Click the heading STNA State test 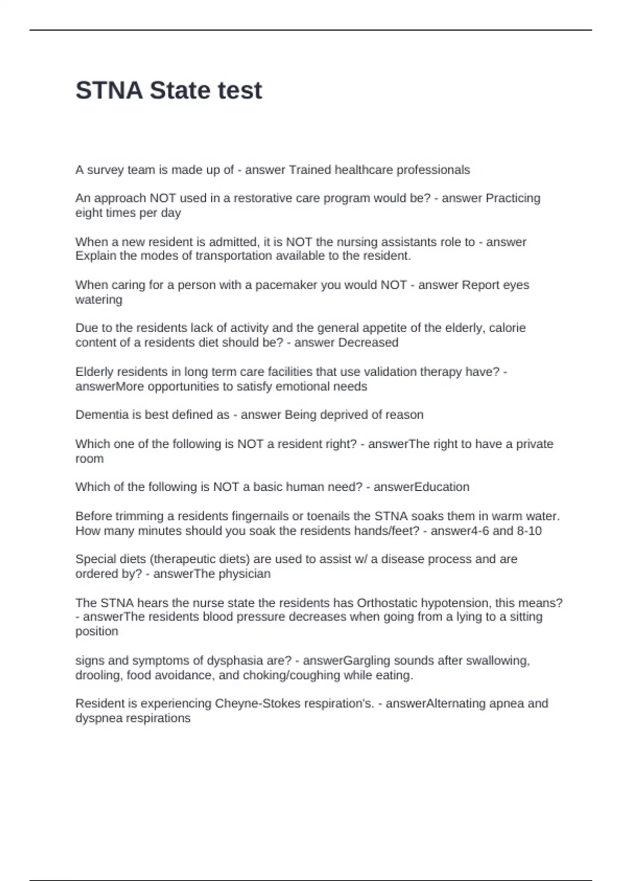[168, 91]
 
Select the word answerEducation [421, 487]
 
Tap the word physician [245, 574]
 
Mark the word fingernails [267, 516]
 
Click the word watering [98, 300]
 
